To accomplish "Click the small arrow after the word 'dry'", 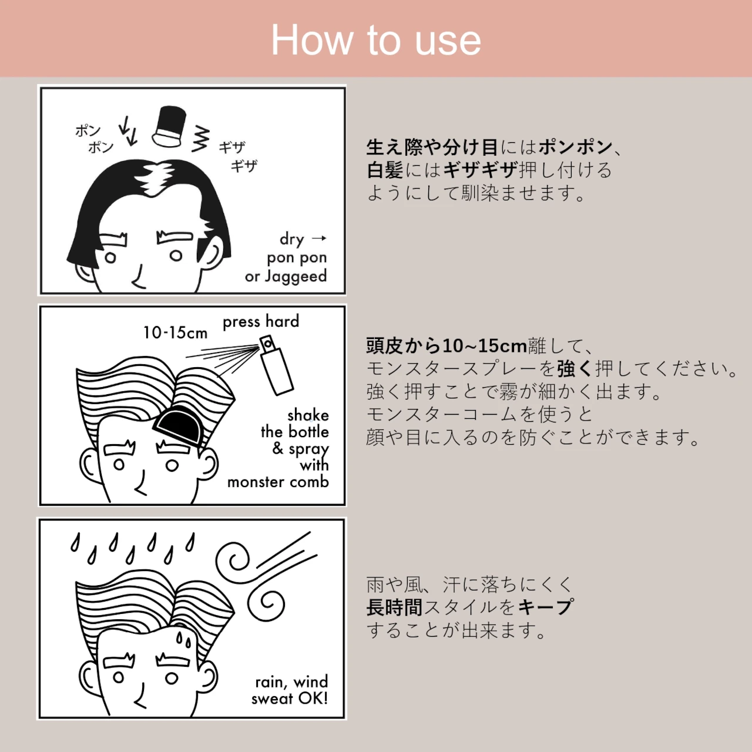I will tap(319, 238).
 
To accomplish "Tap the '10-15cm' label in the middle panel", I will tap(175, 333).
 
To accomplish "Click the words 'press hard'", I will tap(261, 321).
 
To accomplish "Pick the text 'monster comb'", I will tap(278, 482).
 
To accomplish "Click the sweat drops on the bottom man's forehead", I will tap(183, 639).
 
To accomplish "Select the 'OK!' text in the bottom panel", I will tap(313, 698).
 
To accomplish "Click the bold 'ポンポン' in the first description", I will tap(575, 147).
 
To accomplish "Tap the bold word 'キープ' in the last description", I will tap(546, 607).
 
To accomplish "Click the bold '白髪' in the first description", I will tap(385, 170).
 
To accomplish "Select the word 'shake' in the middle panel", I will tap(308, 415).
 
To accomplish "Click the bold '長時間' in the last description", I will tap(394, 607).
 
